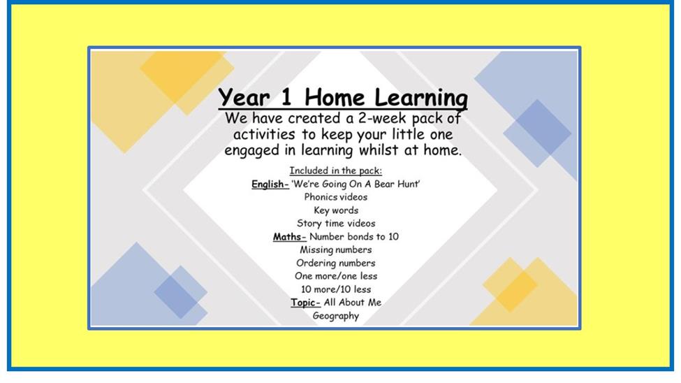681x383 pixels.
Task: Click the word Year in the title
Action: tap(244, 97)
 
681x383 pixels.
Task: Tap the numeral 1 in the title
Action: tap(286, 96)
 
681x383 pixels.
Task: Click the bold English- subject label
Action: tap(270, 185)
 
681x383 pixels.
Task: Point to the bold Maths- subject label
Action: tap(290, 237)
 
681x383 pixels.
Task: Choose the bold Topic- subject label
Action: tap(305, 303)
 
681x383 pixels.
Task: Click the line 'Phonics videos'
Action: tap(336, 197)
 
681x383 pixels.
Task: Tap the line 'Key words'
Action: tap(336, 210)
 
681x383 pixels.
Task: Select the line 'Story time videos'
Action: tap(336, 224)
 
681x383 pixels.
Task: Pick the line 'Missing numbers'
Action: tap(336, 250)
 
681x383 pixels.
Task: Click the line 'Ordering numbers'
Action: tap(336, 263)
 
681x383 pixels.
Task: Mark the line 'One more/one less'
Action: tap(336, 276)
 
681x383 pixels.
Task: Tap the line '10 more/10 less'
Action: tap(336, 289)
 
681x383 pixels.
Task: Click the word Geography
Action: tap(336, 316)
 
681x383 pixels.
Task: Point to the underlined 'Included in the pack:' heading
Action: tap(336, 171)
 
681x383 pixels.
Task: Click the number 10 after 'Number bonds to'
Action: tap(393, 236)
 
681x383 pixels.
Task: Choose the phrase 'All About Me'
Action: tap(353, 303)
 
